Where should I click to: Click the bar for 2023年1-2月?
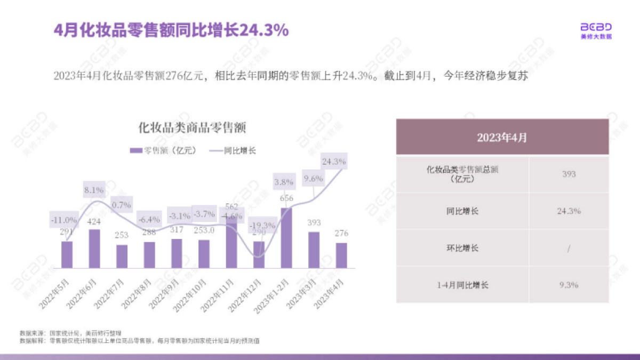tap(286, 238)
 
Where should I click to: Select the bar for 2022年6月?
tap(94, 249)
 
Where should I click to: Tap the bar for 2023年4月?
tap(341, 255)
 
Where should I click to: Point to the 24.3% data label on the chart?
tap(334, 160)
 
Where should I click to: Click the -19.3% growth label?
tap(263, 226)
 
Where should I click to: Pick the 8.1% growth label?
tap(94, 189)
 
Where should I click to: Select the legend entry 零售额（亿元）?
tap(163, 151)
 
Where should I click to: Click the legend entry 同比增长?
tap(233, 151)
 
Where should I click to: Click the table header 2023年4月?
tap(502, 137)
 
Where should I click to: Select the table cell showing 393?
tap(569, 174)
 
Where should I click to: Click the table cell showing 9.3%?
tap(569, 285)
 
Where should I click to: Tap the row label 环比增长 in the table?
tap(462, 248)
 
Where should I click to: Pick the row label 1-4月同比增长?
tap(462, 285)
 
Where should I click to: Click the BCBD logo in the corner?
tap(596, 30)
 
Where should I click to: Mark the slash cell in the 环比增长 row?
tap(569, 248)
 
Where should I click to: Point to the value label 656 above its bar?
tap(286, 199)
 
